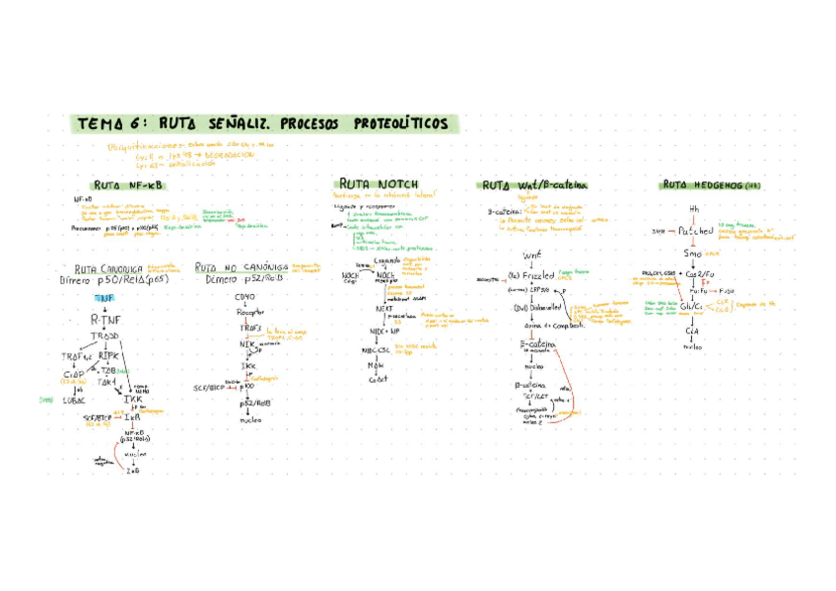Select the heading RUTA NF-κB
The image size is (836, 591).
click(x=129, y=185)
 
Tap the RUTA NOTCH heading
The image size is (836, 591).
click(x=378, y=184)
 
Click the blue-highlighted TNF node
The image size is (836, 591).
click(x=104, y=297)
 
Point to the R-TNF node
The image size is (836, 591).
click(x=104, y=319)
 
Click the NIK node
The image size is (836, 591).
click(x=246, y=344)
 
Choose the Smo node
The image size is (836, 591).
click(x=692, y=254)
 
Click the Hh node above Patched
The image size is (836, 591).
click(x=693, y=209)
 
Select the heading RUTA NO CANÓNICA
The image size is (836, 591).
click(x=241, y=267)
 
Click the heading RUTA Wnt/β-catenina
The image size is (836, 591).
click(x=533, y=185)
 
